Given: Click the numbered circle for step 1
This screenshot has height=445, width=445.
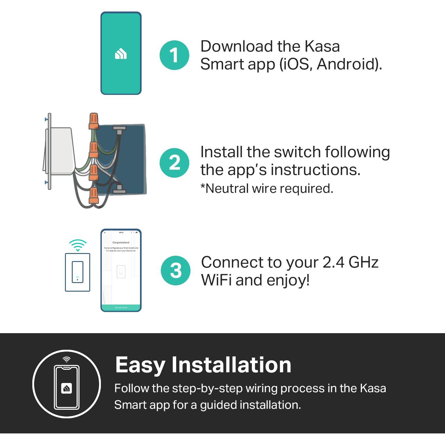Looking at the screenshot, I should [174, 55].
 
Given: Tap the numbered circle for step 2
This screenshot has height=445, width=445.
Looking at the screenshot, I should [174, 163].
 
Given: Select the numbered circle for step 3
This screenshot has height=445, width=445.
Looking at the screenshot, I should [176, 271].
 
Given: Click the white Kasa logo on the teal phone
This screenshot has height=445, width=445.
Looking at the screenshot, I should [121, 54].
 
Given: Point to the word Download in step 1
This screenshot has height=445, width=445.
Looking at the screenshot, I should [236, 47].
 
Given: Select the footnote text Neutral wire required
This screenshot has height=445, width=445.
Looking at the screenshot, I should [267, 189].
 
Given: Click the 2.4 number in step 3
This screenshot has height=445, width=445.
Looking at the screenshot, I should [333, 262].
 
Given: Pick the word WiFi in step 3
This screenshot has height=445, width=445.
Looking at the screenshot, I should [217, 280].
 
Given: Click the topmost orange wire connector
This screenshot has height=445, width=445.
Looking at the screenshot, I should [93, 121].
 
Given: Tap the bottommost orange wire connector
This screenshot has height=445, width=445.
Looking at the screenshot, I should [94, 196].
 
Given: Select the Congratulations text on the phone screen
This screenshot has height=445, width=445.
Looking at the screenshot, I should [121, 242].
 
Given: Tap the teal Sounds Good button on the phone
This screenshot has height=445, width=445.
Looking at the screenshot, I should [121, 308].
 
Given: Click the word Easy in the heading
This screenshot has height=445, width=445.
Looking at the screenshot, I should [140, 365].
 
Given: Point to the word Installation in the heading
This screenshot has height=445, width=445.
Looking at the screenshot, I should [231, 365].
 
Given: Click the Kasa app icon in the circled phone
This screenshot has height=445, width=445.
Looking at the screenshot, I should [66, 388].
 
